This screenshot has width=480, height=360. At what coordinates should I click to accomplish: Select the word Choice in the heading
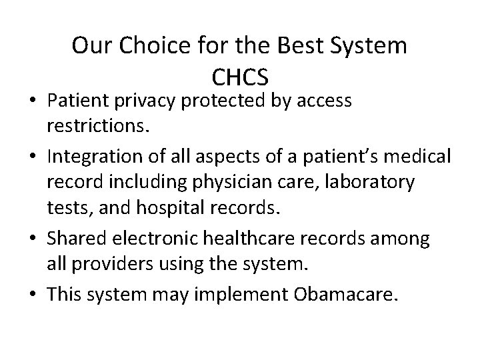145,46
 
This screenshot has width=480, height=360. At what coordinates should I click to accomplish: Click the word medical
419,157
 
